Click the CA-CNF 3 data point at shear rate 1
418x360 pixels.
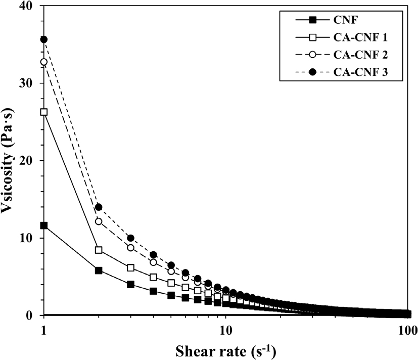click(x=44, y=39)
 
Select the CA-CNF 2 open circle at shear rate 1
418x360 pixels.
click(x=44, y=62)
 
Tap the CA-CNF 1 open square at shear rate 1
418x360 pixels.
click(x=44, y=112)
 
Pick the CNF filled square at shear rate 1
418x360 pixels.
click(x=44, y=226)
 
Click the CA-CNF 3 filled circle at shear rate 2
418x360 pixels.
click(x=99, y=207)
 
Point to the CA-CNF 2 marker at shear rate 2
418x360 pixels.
click(x=99, y=221)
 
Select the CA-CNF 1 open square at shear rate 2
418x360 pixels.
click(x=99, y=250)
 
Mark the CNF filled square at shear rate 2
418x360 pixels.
click(x=99, y=271)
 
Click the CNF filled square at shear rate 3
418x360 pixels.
click(x=130, y=285)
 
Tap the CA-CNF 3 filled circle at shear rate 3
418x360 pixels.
click(x=130, y=238)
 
